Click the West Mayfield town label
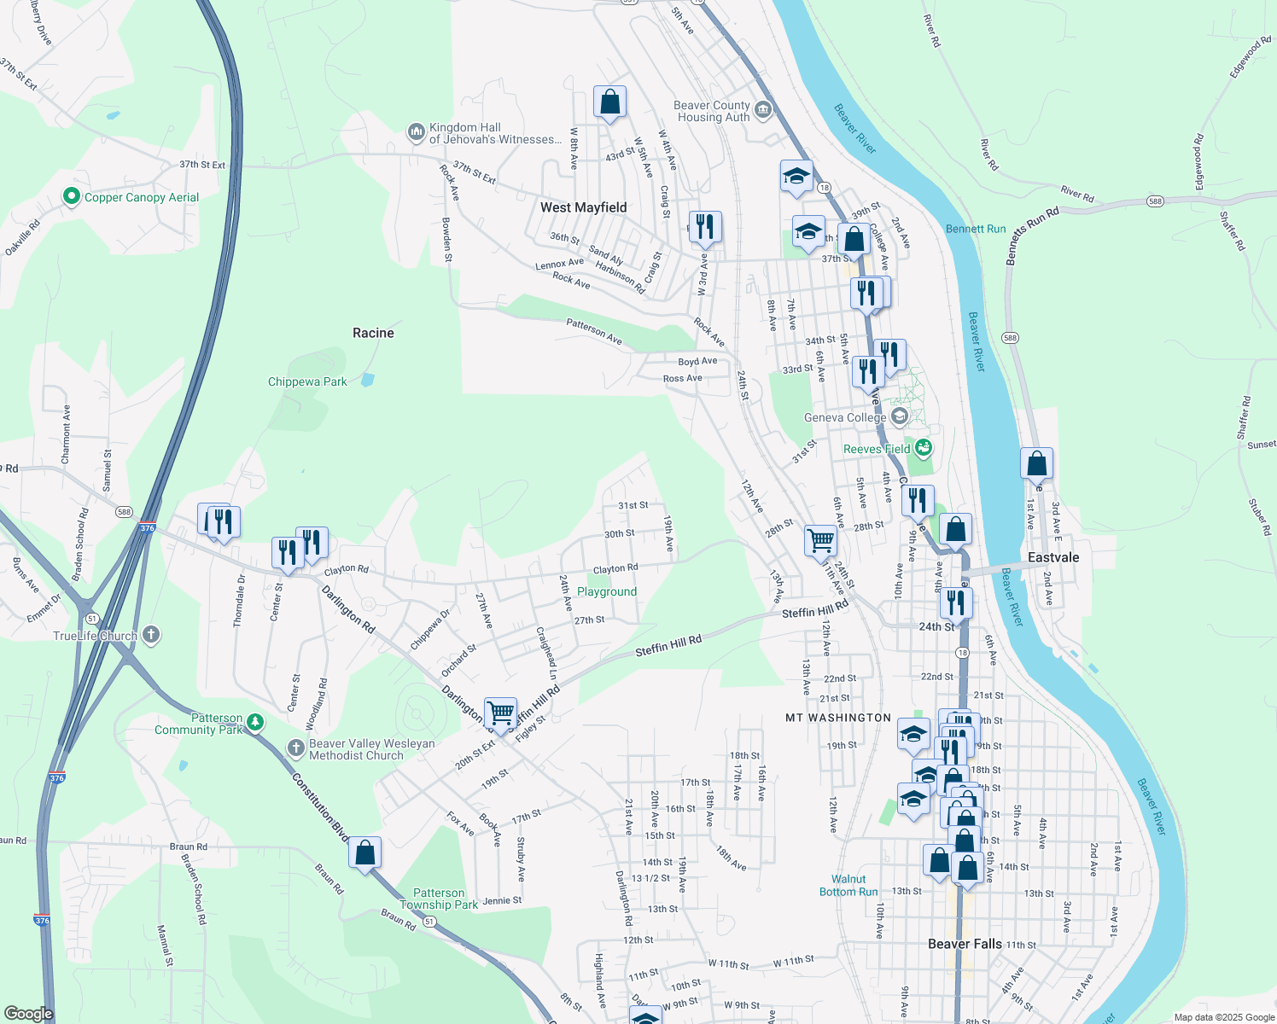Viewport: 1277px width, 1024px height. coord(583,207)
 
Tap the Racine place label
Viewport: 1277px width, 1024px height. coord(373,333)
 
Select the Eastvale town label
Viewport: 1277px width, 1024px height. coord(1053,557)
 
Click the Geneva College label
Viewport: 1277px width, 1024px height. coord(845,417)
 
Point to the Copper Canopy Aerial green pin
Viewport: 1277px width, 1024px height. coord(72,197)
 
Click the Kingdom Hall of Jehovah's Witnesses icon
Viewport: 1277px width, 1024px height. coord(417,132)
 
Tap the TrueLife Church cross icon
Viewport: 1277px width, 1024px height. coord(151,635)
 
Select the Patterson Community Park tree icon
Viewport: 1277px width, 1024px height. coord(254,724)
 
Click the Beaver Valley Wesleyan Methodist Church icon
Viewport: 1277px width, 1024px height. coord(295,748)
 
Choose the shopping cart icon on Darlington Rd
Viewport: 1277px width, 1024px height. coord(500,712)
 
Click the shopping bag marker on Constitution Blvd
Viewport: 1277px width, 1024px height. coord(364,852)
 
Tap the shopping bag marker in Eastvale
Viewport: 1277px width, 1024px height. coord(1036,463)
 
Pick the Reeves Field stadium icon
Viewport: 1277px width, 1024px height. coord(923,447)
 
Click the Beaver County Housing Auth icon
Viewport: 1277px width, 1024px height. coord(763,110)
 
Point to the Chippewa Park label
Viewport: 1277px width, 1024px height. coord(307,381)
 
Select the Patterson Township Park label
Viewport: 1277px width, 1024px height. coord(439,899)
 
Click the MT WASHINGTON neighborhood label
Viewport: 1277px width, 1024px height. coord(837,718)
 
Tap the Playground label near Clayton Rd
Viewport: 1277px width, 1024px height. coord(607,591)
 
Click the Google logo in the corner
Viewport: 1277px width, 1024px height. coord(28,1014)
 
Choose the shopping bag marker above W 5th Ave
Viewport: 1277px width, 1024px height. coord(609,102)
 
